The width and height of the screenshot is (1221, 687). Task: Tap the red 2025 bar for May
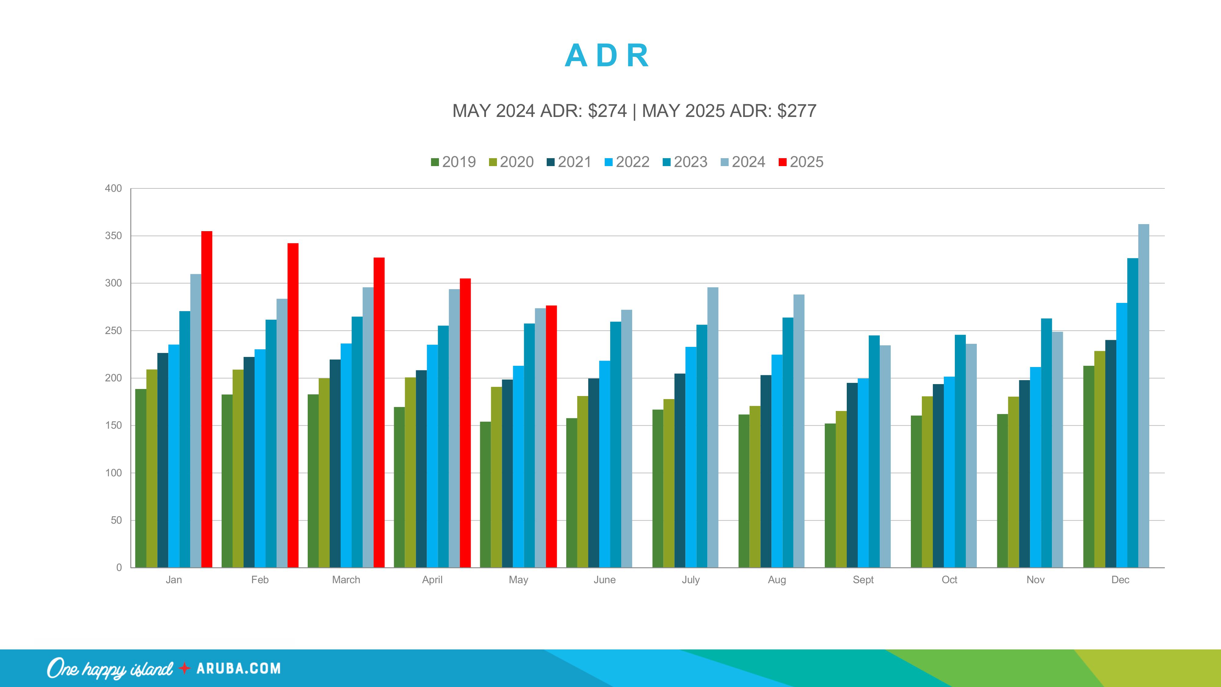click(551, 436)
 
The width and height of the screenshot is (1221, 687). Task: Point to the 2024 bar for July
click(712, 427)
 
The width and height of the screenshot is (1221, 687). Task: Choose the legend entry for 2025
click(801, 162)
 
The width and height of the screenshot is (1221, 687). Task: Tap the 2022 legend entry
click(627, 162)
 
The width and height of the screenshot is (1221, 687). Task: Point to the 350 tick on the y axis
click(113, 236)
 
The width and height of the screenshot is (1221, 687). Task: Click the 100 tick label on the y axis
click(113, 473)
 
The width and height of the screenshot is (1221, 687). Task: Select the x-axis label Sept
click(863, 580)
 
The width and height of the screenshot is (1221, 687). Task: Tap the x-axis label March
click(346, 580)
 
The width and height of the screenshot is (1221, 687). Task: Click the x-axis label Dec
click(1120, 580)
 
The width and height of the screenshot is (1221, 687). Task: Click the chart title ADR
click(607, 56)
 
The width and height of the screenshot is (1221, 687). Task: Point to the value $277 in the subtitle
click(796, 111)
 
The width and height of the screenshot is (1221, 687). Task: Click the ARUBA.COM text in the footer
click(238, 668)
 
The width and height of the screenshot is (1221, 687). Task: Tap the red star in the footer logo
click(184, 668)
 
